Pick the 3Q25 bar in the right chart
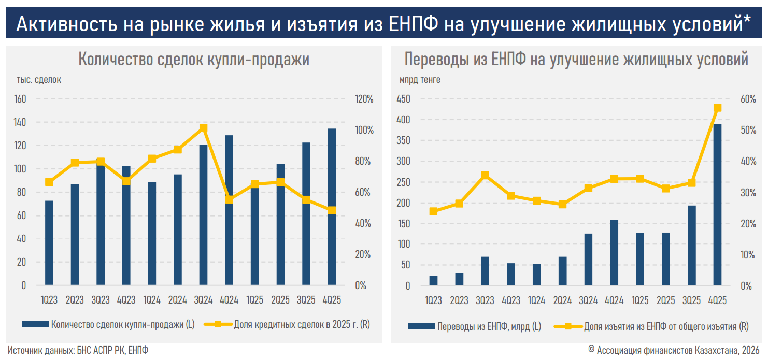click(x=692, y=246)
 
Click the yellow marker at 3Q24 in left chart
click(x=203, y=128)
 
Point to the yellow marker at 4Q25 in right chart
click(x=718, y=108)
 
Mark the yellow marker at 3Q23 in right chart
click(x=485, y=176)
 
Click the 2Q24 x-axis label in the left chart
click(x=178, y=300)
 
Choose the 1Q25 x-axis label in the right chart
click(x=640, y=300)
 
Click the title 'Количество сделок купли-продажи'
click(x=193, y=60)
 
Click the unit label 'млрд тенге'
click(x=420, y=80)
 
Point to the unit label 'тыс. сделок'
click(x=39, y=80)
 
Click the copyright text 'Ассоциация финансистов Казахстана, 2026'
click(x=679, y=350)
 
